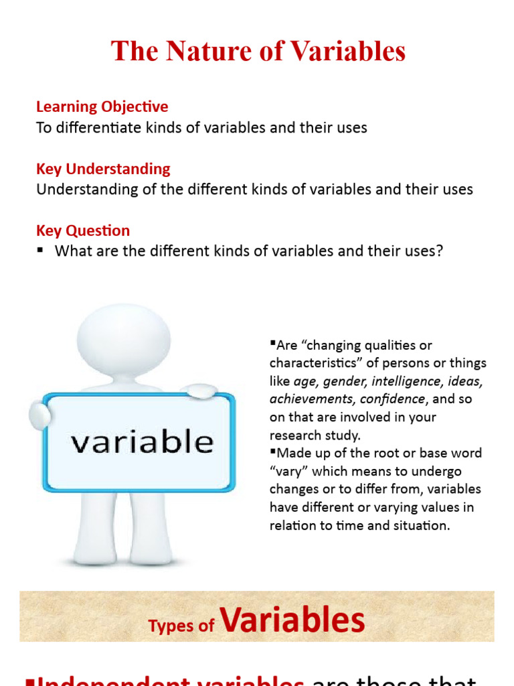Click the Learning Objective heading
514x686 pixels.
pyautogui.click(x=102, y=107)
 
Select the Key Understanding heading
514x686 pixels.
pyautogui.click(x=103, y=169)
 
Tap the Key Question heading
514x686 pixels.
pyautogui.click(x=83, y=230)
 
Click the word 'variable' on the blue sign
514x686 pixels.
pyautogui.click(x=142, y=442)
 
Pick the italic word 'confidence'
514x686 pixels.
pyautogui.click(x=392, y=399)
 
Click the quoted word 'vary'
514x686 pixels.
pyautogui.click(x=288, y=471)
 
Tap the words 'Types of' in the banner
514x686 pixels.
pyautogui.click(x=181, y=626)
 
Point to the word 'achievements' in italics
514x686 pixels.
pyautogui.click(x=311, y=399)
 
